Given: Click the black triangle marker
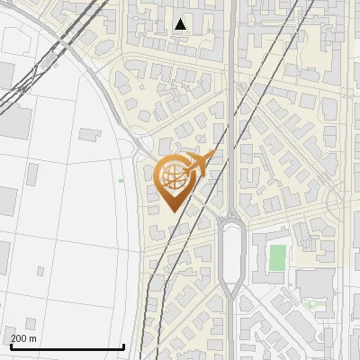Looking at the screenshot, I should [182, 24].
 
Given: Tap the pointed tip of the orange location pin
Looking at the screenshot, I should [171, 212].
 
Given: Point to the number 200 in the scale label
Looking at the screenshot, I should [19, 338].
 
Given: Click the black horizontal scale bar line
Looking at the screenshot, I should [67, 346].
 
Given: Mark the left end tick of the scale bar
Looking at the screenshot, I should [10, 345].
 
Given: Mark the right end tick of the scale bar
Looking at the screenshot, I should [124, 345].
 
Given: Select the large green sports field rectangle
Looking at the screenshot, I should [278, 257].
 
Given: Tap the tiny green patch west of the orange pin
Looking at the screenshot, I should [121, 180].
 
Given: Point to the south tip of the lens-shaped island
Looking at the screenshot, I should [232, 298].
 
